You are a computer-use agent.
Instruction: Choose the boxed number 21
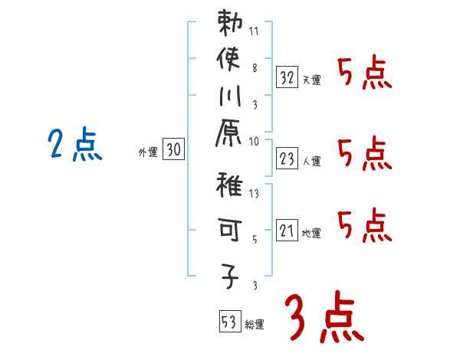(x=287, y=231)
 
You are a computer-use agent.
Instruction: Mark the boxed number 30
(x=174, y=151)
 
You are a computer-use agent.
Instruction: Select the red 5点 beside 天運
(x=364, y=75)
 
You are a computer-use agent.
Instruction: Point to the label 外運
(x=147, y=153)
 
